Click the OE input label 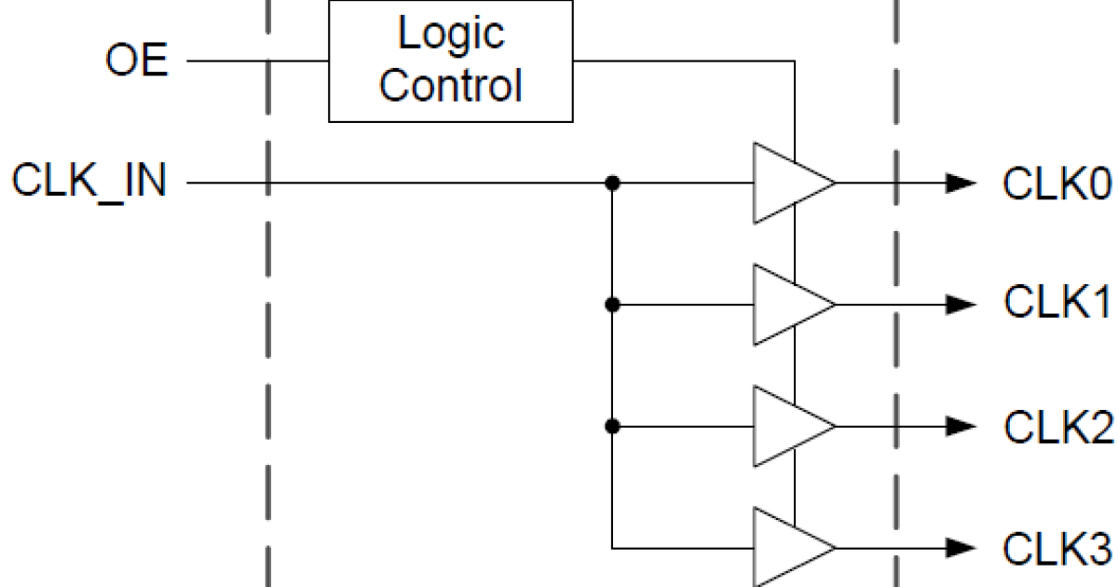point(136,62)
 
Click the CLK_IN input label point(89,181)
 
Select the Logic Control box point(450,61)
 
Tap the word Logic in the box point(451,34)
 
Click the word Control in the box point(451,86)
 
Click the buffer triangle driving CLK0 point(786,184)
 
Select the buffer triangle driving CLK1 point(786,304)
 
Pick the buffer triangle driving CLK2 point(786,426)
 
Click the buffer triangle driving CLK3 point(786,547)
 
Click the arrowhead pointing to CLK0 point(960,184)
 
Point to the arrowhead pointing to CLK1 point(960,304)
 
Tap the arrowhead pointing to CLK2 point(960,426)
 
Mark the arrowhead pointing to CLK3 point(960,547)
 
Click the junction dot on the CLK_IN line point(612,184)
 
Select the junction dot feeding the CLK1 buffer point(612,304)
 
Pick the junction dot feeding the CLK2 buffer point(612,426)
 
